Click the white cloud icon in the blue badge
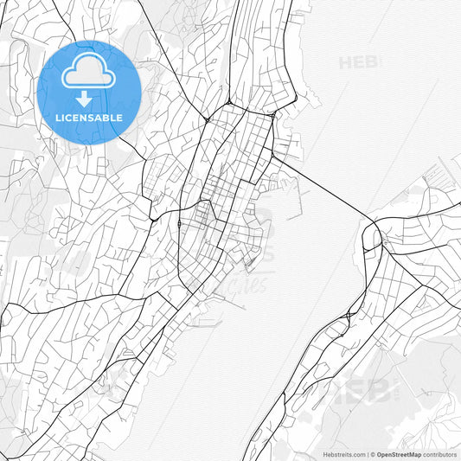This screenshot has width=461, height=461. click(88, 75)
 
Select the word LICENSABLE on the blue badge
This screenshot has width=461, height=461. click(88, 118)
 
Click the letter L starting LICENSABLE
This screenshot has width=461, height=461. click(57, 118)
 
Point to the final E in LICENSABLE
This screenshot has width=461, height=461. click(119, 118)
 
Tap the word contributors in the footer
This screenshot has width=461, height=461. click(439, 453)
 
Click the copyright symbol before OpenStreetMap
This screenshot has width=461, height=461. click(371, 453)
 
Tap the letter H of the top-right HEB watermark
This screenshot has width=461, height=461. click(345, 62)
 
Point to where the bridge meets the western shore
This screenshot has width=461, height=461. click(274, 157)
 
